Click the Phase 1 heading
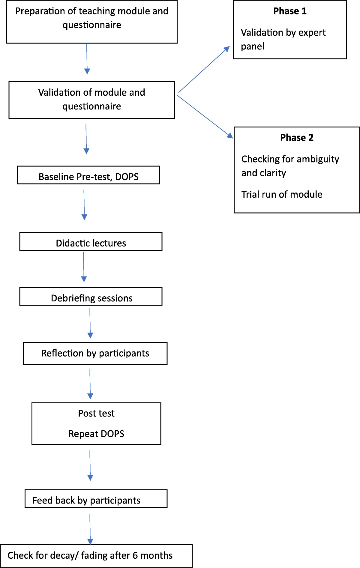pos(290,11)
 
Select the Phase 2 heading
pos(297,138)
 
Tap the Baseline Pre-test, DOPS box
pos(88,175)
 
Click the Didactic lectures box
pos(91,242)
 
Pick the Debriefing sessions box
pos(91,297)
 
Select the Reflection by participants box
pos(95,354)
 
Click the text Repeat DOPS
pos(96,434)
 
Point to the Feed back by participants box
pos(96,499)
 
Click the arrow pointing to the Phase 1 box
pos(204,70)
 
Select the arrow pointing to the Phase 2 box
pos(205,117)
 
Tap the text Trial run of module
pos(282,195)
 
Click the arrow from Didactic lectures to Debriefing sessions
pos(84,267)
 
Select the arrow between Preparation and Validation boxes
pos(87,59)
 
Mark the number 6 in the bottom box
pos(135,556)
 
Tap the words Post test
pos(96,414)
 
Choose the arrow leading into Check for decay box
pos(90,530)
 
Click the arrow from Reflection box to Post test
pos(90,384)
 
